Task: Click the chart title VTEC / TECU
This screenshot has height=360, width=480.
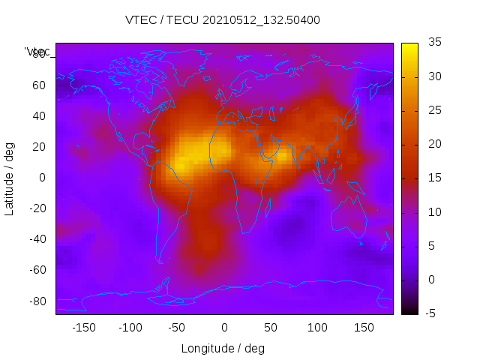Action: point(223,20)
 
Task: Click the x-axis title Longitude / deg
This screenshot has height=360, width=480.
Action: point(223,348)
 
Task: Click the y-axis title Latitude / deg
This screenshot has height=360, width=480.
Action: point(10,178)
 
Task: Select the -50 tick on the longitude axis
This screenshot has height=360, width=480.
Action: point(177,328)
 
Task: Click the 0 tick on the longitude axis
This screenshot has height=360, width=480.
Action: point(224,328)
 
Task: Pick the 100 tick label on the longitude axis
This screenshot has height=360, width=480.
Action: point(317,328)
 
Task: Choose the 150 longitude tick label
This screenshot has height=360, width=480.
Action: point(364,328)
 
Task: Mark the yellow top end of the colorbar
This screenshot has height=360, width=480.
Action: point(409,46)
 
